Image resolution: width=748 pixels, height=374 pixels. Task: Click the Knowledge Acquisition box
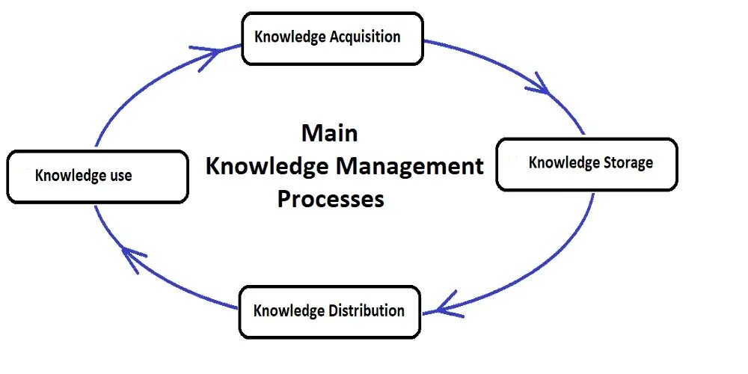click(332, 38)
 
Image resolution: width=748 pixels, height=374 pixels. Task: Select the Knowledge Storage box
click(586, 163)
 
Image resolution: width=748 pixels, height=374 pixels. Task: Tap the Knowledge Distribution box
click(329, 311)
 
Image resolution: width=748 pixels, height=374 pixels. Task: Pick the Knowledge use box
click(97, 176)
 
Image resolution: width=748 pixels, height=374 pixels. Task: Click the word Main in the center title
click(329, 133)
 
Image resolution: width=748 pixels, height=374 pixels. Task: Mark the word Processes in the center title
click(331, 199)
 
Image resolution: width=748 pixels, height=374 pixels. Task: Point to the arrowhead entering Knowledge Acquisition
click(213, 54)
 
